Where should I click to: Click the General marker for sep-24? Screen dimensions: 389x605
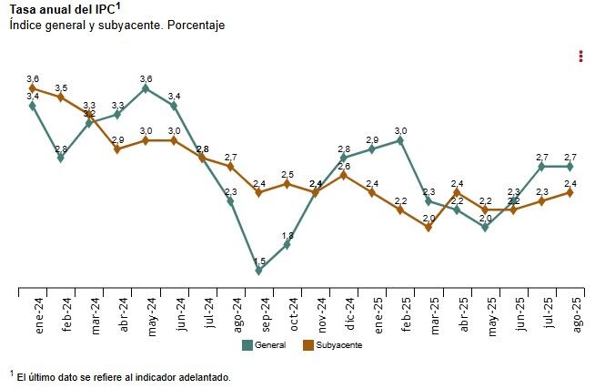pos(259,271)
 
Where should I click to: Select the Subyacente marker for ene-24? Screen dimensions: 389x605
pos(33,88)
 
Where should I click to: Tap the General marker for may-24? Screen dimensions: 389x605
pos(146,88)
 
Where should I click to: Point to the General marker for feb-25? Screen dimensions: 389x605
pos(400,140)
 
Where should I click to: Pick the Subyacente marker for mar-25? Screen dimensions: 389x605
pos(429,227)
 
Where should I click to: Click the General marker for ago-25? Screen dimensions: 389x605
pos(570,167)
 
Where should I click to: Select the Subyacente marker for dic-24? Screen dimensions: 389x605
pos(344,175)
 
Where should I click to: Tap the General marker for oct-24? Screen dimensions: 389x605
pos(287,244)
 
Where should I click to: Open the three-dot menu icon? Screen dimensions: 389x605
pos(580,56)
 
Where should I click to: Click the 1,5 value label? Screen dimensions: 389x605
pos(259,261)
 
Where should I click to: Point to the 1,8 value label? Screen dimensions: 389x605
pos(287,235)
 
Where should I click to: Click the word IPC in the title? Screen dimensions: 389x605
pos(102,10)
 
